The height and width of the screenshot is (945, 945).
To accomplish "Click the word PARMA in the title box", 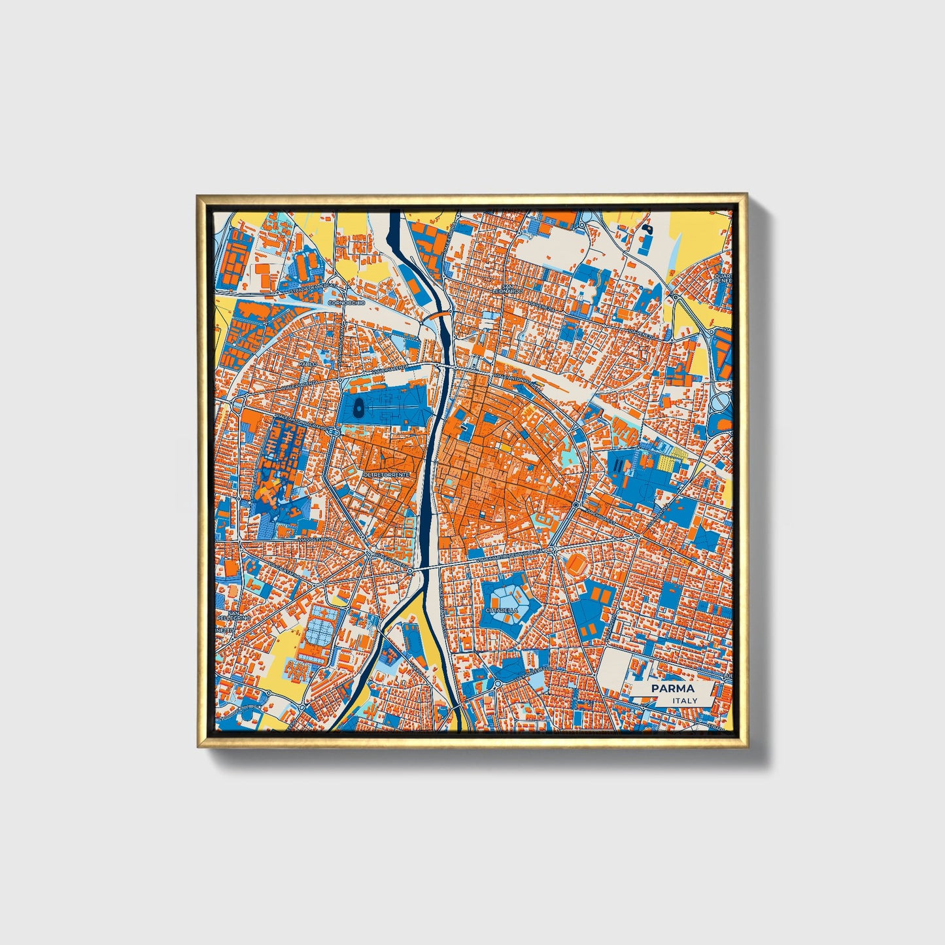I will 672,689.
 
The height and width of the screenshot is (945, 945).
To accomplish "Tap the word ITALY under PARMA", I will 684,700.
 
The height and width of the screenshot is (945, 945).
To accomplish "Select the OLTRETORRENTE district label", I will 386,474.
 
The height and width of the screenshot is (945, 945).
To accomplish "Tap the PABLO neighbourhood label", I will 307,363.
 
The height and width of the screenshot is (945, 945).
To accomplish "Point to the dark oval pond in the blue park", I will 358,410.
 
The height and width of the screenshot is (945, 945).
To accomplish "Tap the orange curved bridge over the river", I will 438,315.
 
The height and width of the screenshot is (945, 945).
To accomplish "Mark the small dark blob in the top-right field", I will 647,228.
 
